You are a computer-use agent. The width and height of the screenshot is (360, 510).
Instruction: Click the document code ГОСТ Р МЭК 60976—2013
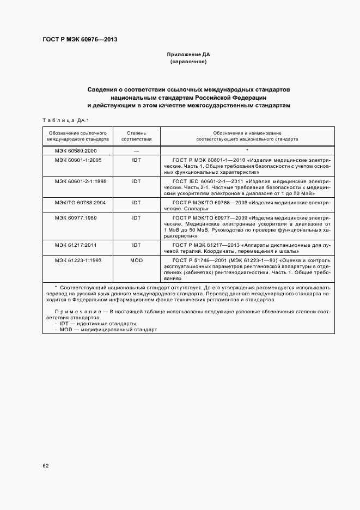pos(80,39)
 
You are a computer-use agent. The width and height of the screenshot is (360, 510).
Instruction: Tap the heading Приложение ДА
pos(188,55)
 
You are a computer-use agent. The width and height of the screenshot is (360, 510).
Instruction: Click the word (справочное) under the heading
pos(188,62)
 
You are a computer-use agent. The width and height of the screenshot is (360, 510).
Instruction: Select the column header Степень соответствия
pos(136,136)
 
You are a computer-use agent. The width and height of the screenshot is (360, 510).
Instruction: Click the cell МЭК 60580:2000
pos(76,150)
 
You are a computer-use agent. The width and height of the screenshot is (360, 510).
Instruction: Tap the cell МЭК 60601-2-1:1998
pos(80,181)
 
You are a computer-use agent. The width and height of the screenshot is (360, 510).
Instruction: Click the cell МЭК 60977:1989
pos(76,217)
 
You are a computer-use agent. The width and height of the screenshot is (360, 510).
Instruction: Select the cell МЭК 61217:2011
pos(76,246)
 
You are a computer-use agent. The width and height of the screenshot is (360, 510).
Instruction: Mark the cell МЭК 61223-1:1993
pos(78,260)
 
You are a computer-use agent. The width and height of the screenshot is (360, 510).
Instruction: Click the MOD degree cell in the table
pos(136,260)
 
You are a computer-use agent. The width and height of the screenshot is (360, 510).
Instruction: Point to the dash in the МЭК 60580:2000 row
pos(136,150)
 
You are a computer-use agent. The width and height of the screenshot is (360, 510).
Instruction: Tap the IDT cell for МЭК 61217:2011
pos(136,246)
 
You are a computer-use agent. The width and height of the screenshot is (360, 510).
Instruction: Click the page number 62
pos(46,466)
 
